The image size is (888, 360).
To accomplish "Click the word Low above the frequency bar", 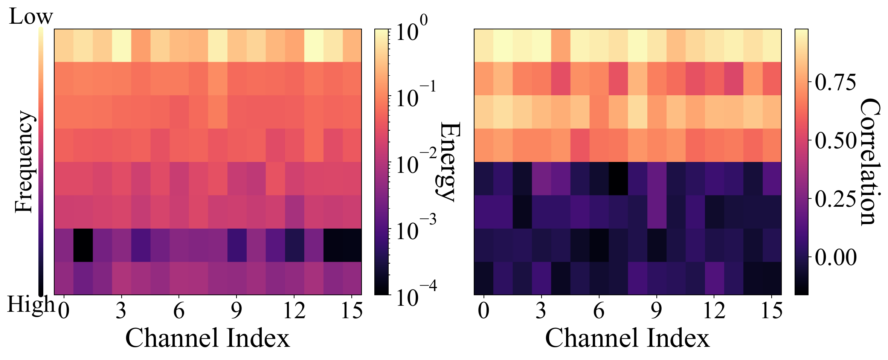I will click(x=31, y=17).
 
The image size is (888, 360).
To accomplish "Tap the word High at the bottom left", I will click(x=31, y=304).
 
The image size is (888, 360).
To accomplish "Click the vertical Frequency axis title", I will click(x=24, y=162).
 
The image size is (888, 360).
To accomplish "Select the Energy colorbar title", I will click(x=449, y=162).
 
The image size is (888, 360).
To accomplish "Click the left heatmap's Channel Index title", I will click(x=208, y=338).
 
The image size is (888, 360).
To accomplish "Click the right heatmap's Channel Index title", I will click(x=627, y=338).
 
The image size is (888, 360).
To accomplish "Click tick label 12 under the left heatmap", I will click(x=294, y=311).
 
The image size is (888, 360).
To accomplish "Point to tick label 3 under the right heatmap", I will click(x=541, y=311).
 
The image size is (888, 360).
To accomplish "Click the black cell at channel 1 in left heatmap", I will click(x=83, y=245).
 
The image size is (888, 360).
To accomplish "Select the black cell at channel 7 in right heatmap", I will click(x=618, y=178).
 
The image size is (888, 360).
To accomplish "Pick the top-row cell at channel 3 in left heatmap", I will click(x=121, y=45).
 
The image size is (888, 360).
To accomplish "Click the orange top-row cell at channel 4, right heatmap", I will click(x=560, y=45).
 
